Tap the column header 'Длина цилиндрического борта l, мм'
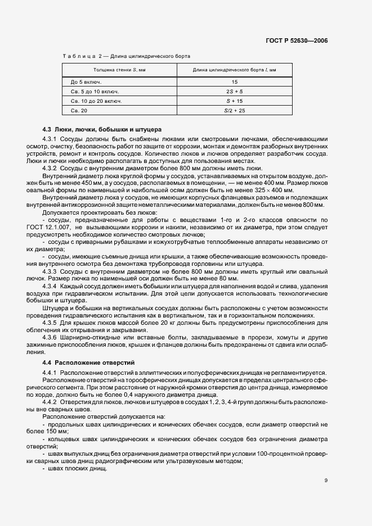click(235, 70)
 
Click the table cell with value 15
click(235, 81)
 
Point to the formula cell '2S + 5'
click(235, 91)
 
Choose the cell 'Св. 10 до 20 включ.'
click(89, 101)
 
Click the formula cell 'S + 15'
click(235, 101)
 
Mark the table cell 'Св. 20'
click(71, 111)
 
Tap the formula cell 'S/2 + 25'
click(235, 111)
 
